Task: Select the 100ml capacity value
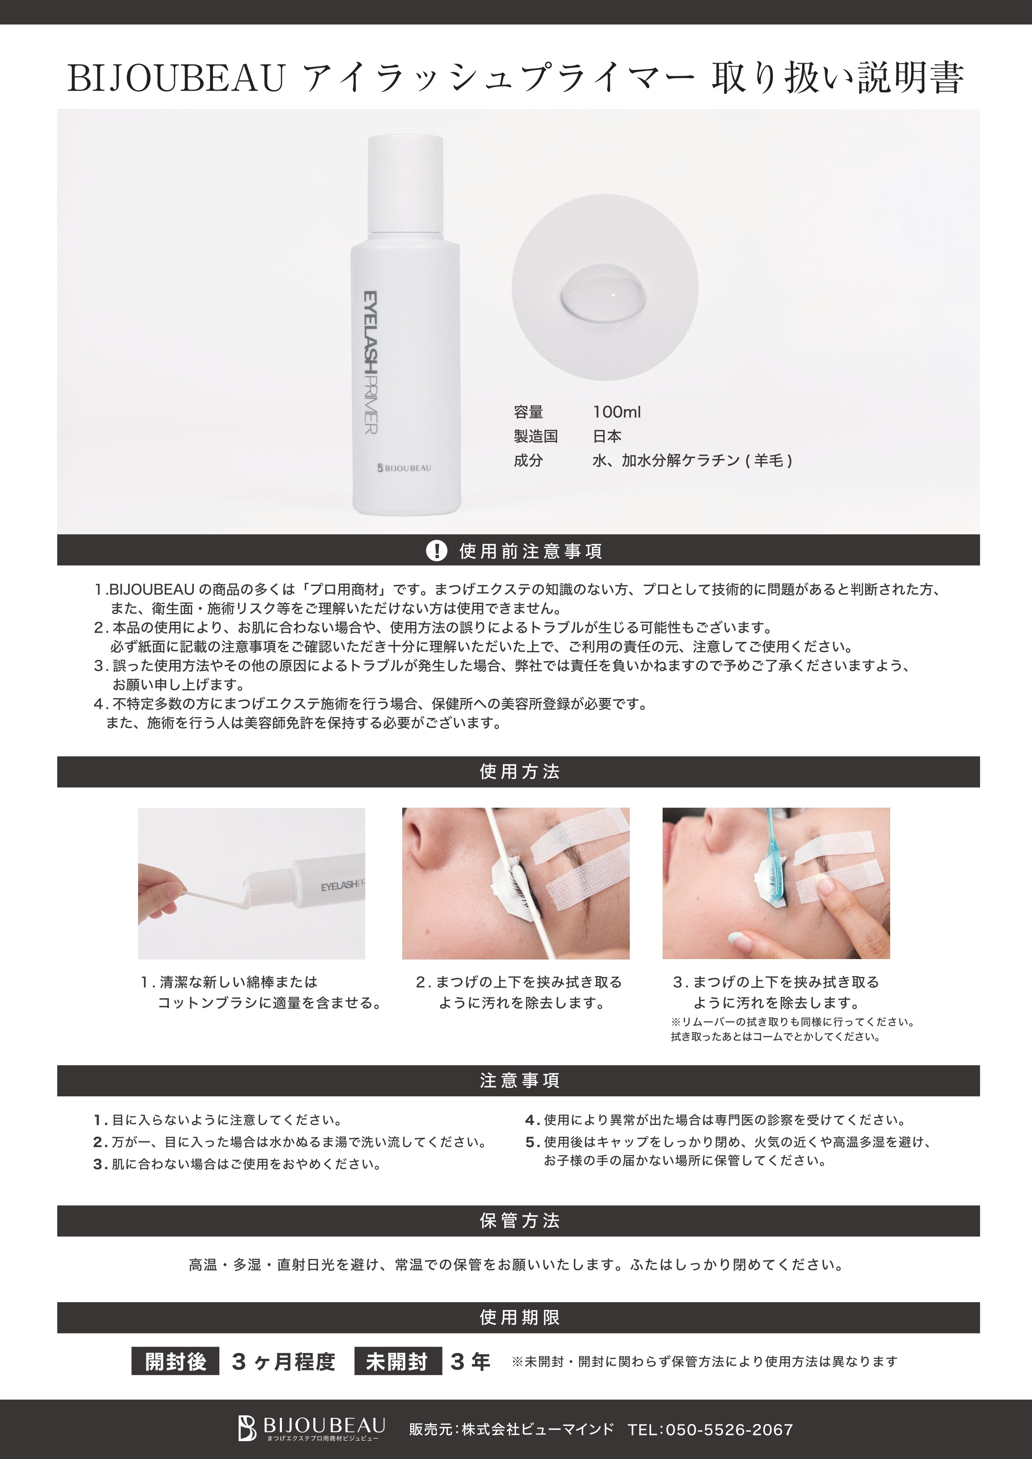[x=616, y=412]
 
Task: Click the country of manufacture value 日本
[x=607, y=436]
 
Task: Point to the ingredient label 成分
[x=528, y=460]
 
